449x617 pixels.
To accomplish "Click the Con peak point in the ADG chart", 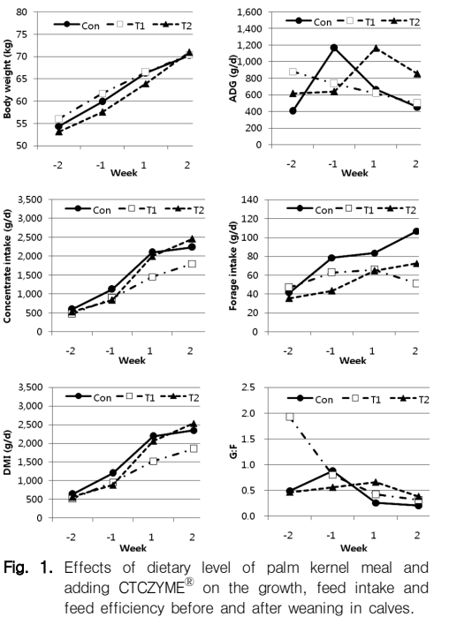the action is pyautogui.click(x=334, y=48).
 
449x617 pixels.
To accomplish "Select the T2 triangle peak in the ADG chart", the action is pyautogui.click(x=376, y=48).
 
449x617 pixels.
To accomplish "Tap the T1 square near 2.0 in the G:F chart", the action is pyautogui.click(x=290, y=417).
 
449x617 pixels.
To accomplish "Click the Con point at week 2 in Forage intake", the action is pyautogui.click(x=416, y=231).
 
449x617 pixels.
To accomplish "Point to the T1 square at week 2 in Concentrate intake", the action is pyautogui.click(x=192, y=264).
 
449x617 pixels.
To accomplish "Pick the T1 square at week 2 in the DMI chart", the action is pyautogui.click(x=194, y=448).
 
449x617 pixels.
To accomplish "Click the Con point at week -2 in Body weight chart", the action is pyautogui.click(x=58, y=126).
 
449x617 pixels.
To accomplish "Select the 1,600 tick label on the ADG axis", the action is pyautogui.click(x=249, y=12).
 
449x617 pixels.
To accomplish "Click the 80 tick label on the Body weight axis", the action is pyautogui.click(x=22, y=12).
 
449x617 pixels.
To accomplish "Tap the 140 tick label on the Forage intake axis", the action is pyautogui.click(x=251, y=199).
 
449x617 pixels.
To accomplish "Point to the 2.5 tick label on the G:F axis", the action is pyautogui.click(x=249, y=388).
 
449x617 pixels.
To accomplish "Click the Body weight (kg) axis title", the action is pyautogui.click(x=7, y=79).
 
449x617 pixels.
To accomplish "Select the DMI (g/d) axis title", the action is pyautogui.click(x=7, y=453).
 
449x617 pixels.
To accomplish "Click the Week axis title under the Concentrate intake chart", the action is pyautogui.click(x=132, y=360).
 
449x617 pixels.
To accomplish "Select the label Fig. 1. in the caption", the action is pyautogui.click(x=28, y=568).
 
